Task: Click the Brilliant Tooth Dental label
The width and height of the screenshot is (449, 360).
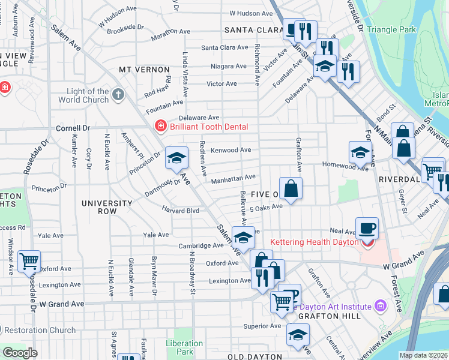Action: (x=208, y=127)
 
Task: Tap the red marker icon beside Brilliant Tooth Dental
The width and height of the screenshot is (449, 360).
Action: (x=161, y=126)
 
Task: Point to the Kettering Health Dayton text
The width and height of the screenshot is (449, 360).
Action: (x=314, y=241)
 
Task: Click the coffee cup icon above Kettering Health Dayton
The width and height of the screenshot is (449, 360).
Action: (x=367, y=227)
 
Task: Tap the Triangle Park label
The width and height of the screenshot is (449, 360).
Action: (x=391, y=29)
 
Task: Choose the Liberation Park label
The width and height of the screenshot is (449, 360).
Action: (x=185, y=347)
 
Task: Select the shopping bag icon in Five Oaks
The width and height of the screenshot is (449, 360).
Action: (x=291, y=188)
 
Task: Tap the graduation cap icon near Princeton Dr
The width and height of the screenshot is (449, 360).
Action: (x=176, y=157)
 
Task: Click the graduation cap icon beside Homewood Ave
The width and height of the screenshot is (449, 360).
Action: (x=360, y=152)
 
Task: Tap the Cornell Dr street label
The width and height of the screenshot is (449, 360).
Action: (x=73, y=128)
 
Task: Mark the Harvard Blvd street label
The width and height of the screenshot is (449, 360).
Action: (x=180, y=210)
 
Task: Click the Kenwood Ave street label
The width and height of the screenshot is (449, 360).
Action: (x=231, y=150)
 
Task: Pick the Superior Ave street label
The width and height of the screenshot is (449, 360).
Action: (x=262, y=326)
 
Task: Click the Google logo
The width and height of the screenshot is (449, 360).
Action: (x=20, y=353)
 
